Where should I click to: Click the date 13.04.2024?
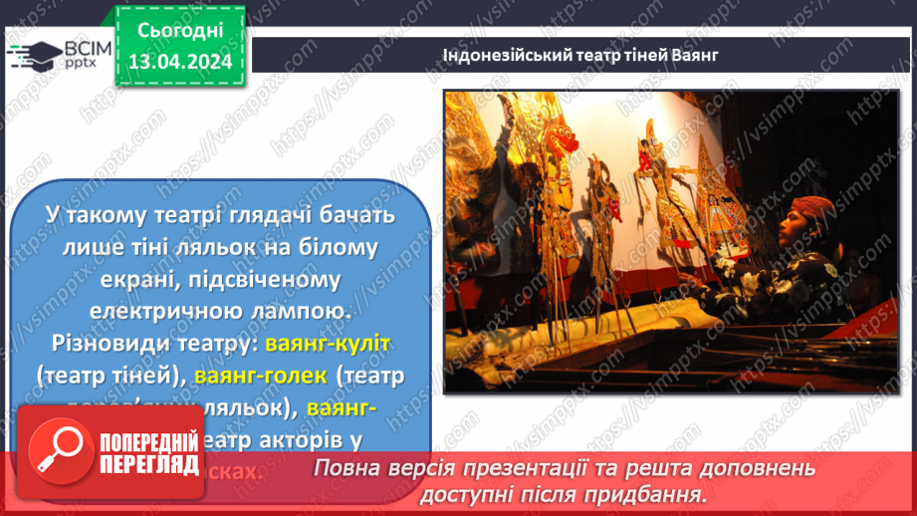(179, 62)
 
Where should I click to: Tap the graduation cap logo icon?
(31, 56)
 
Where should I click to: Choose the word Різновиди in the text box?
(108, 344)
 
